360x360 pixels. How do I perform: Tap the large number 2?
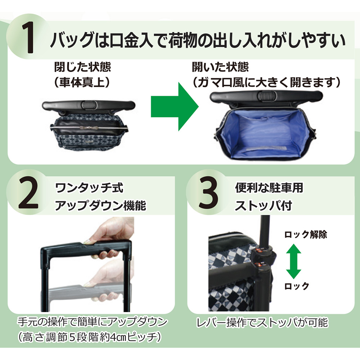[28, 196]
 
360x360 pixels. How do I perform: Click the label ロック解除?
[306, 235]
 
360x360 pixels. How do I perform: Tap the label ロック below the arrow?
[296, 286]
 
